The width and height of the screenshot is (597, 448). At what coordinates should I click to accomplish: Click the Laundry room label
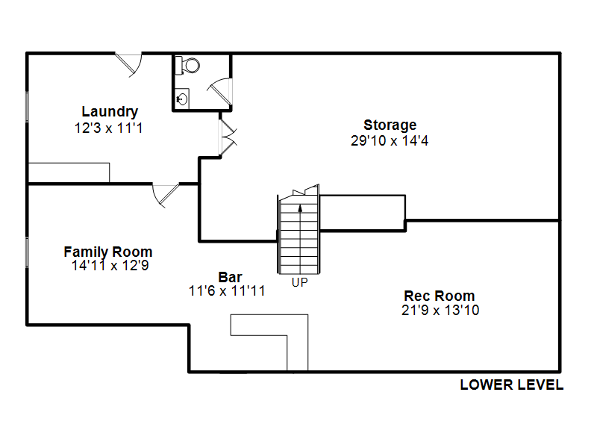point(110,111)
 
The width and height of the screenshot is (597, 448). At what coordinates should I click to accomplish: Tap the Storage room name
point(390,125)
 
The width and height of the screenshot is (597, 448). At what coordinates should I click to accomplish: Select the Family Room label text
point(108,252)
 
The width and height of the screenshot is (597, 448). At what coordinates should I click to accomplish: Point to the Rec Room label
point(440,296)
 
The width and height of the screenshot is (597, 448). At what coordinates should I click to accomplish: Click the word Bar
point(230,277)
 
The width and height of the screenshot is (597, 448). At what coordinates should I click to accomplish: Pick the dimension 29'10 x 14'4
point(390,140)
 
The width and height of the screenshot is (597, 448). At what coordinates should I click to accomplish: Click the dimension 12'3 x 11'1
point(109,128)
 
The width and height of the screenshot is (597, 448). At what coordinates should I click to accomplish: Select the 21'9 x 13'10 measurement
point(440,310)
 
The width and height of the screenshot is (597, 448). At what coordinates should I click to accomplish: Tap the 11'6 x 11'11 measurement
point(227,291)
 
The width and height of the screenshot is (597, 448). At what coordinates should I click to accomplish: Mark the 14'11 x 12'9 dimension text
point(110,266)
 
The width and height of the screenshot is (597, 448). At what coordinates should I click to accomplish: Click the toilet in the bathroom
point(187,66)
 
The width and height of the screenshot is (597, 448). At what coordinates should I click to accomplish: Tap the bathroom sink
point(182,99)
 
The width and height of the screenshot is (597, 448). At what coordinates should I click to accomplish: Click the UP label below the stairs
point(300,282)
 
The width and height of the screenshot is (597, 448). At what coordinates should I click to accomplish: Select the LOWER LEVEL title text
point(512,385)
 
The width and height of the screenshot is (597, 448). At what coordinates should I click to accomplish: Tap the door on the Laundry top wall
point(129,64)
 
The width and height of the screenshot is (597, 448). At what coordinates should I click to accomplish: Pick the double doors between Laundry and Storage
point(228,137)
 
